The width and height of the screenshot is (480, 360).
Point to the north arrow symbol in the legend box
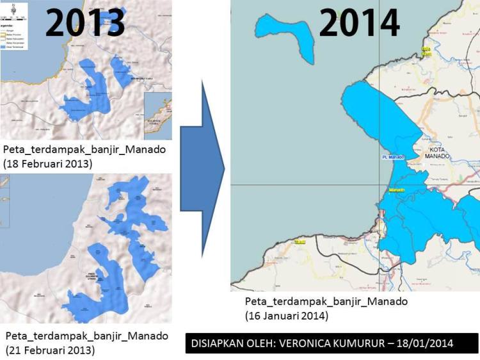[x=6, y=8]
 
